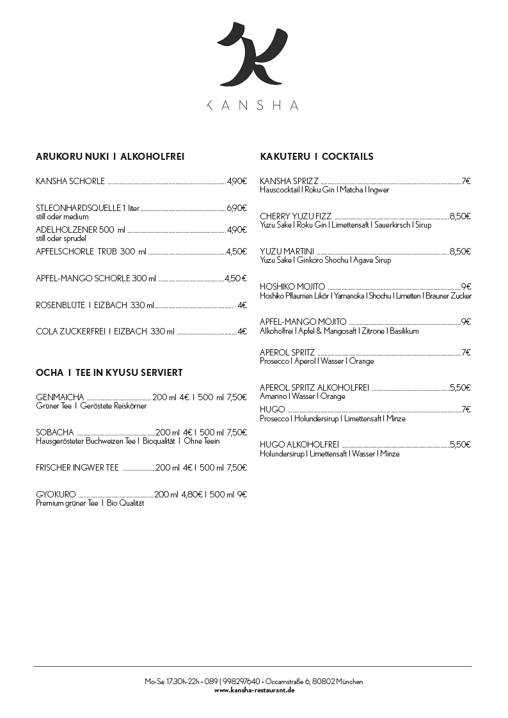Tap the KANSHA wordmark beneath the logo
coord(253,105)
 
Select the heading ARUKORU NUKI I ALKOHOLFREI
coord(110,157)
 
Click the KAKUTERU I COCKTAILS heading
coord(317,157)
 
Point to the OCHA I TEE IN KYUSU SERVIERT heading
coord(109,372)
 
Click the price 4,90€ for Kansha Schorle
coord(237,181)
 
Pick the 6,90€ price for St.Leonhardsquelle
coord(237,208)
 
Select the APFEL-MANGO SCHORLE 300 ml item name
coord(96,278)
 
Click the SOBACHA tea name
coord(55,432)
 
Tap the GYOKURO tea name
coord(56,494)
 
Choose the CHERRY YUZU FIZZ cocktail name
coord(296,216)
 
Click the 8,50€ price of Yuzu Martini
coord(460,251)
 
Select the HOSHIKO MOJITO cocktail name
coord(292,286)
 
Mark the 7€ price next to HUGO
coord(466,409)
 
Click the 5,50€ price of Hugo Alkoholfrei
coord(460,444)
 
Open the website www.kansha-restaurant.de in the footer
coord(254,691)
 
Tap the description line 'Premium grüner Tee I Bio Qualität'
coord(90,503)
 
